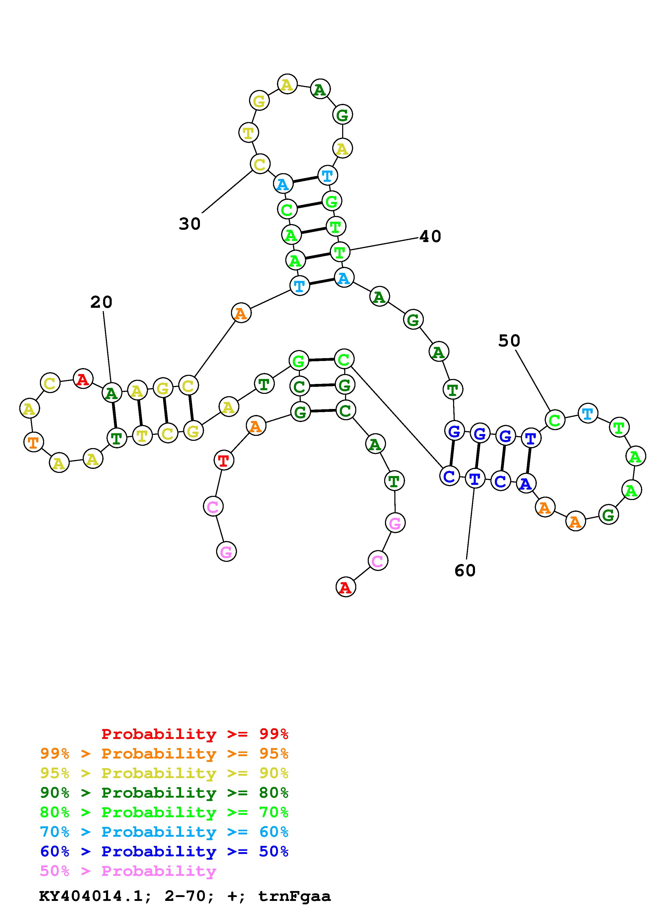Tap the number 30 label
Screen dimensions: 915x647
pos(190,224)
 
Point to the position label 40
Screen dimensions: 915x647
pos(431,237)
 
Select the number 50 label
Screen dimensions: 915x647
pos(509,341)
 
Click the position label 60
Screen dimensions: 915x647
pos(465,571)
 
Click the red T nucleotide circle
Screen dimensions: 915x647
pos(224,461)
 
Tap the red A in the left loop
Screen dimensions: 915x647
pos(83,379)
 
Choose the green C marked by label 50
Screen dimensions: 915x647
pos(555,420)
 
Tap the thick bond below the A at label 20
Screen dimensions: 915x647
pos(114,416)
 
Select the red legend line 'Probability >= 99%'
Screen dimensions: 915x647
pos(195,734)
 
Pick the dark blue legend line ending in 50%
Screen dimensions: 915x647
pos(164,851)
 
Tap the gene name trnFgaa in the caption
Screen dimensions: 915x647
pos(294,896)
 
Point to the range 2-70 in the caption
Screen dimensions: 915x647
pos(186,896)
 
